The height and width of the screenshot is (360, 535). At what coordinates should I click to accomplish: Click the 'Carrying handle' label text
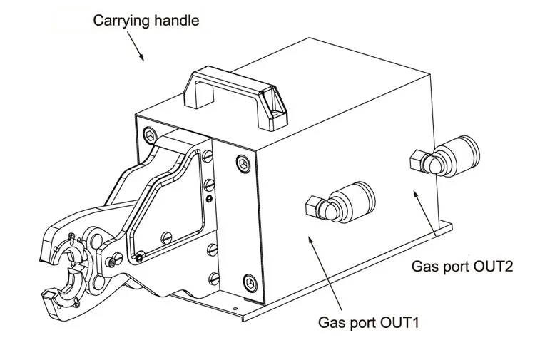(146, 21)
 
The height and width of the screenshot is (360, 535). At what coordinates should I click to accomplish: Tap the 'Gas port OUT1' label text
(368, 322)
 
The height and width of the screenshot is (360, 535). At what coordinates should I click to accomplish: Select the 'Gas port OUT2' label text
(462, 266)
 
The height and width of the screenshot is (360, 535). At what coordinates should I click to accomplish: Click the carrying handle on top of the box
(235, 99)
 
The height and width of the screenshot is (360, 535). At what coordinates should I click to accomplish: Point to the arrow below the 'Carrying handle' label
(136, 46)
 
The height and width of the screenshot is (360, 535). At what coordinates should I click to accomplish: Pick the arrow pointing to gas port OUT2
(425, 214)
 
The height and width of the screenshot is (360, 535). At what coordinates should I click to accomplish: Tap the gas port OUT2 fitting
(444, 156)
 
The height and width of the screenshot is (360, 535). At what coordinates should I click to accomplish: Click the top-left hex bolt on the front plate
(150, 135)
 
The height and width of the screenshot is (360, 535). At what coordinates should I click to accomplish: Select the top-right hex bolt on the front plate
(243, 164)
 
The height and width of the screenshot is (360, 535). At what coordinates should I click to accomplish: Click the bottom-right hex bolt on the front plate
(250, 282)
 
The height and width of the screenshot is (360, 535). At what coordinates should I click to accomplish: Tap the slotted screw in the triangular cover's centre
(166, 237)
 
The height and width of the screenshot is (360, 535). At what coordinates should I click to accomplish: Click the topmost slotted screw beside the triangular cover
(208, 156)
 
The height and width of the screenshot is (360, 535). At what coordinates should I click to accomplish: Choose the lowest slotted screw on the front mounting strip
(214, 279)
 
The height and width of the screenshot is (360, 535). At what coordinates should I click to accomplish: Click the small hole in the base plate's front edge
(234, 309)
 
